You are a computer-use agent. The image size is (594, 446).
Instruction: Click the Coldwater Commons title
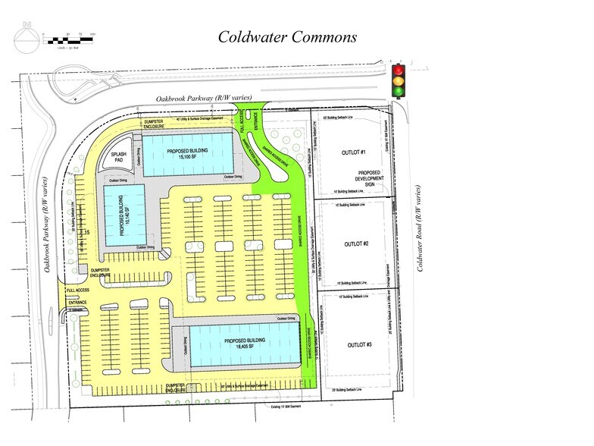(287, 37)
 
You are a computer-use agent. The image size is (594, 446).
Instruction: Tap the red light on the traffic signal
(399, 68)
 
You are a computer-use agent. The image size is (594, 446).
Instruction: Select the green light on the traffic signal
(399, 90)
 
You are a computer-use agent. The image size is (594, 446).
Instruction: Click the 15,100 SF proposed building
(188, 154)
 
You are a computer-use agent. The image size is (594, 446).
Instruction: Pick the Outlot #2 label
(355, 243)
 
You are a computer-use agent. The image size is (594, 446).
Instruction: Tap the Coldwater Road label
(420, 228)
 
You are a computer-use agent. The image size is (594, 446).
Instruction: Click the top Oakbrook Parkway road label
(203, 99)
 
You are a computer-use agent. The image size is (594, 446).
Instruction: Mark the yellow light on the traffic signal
(399, 80)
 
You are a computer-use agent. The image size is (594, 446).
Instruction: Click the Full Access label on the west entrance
(77, 291)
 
